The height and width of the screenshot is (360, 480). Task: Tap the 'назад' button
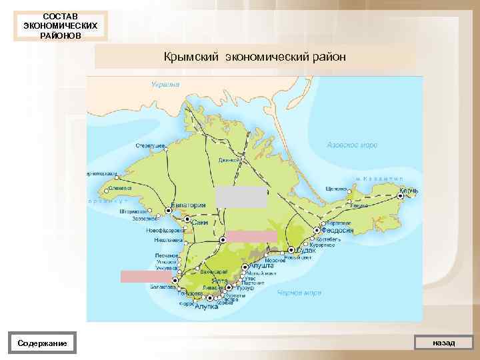click(x=443, y=343)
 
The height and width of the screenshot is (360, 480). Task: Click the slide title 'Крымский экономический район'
click(x=255, y=57)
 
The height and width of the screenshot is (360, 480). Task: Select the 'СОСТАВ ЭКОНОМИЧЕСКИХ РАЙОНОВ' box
click(x=60, y=25)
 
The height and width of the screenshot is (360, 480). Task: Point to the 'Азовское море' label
click(x=352, y=145)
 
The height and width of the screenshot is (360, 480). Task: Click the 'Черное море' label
click(x=299, y=293)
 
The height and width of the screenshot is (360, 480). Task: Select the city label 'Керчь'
click(x=409, y=192)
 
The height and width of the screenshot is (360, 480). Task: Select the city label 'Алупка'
click(x=206, y=307)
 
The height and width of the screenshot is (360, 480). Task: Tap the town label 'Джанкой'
click(x=229, y=160)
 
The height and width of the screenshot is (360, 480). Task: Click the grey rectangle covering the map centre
click(x=241, y=197)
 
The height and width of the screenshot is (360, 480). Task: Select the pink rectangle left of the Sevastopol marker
click(x=141, y=277)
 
